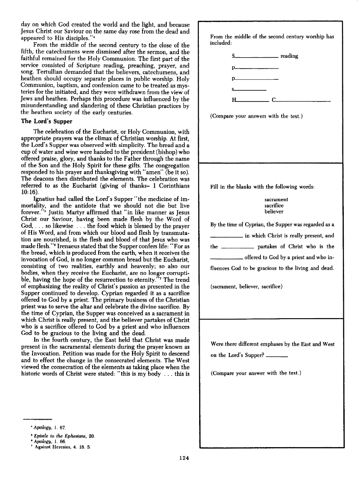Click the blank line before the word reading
click(256, 58)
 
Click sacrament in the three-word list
click(276, 199)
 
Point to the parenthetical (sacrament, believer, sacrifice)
click(246, 286)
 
